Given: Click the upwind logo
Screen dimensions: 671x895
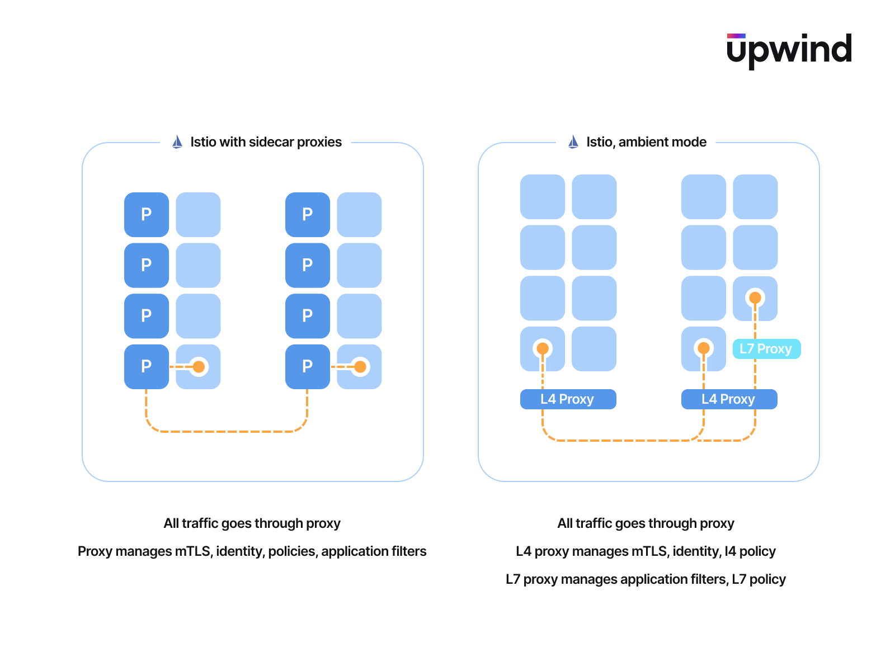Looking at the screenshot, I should (x=789, y=50).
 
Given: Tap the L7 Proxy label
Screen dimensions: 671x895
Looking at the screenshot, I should (x=766, y=349).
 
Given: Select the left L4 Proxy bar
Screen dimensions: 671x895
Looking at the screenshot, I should (x=568, y=399).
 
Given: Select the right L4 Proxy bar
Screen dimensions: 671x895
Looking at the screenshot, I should (x=729, y=399).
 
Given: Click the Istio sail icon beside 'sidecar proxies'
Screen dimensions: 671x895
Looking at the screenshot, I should (x=177, y=142).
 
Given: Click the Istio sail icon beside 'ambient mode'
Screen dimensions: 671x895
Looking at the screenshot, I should (x=573, y=142).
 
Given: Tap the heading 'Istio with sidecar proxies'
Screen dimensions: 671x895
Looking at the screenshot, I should (x=266, y=142).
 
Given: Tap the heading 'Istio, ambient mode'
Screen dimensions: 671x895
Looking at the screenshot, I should (x=646, y=142).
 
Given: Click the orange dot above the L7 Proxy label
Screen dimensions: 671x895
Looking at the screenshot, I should (x=755, y=298).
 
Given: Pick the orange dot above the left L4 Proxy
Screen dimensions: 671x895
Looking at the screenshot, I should (x=543, y=349).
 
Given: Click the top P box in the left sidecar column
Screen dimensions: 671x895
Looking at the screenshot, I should (x=147, y=215).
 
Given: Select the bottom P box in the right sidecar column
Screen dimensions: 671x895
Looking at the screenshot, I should (x=308, y=367).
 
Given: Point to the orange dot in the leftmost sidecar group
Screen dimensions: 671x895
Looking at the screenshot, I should (x=199, y=367).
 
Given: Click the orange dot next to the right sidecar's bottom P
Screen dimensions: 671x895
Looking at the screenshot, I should (x=360, y=367).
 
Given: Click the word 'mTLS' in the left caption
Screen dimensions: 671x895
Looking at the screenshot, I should (x=194, y=551).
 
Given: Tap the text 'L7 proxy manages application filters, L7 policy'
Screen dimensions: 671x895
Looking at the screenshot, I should (x=646, y=579).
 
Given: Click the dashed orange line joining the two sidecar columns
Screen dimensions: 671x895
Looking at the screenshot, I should (x=227, y=432).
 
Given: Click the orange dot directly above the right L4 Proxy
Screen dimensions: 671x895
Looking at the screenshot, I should (x=704, y=349).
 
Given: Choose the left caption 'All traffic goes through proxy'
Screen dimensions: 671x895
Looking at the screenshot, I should (x=252, y=523).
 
